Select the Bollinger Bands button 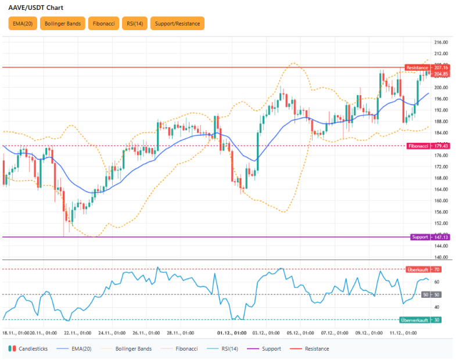click(63, 24)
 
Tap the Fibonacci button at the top click(104, 24)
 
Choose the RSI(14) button click(135, 24)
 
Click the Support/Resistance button click(177, 24)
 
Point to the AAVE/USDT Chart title click(36, 8)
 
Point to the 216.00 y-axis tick click(442, 42)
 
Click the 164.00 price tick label click(442, 189)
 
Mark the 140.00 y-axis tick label click(442, 257)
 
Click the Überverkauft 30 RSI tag click(421, 320)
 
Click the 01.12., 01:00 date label click(229, 333)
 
